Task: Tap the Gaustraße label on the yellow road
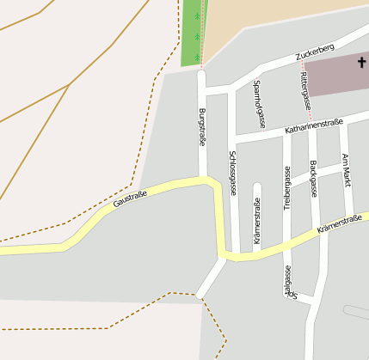pyautogui.click(x=130, y=200)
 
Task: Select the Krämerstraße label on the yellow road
pyautogui.click(x=339, y=225)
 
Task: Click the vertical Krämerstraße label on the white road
pyautogui.click(x=256, y=220)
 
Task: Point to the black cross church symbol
pyautogui.click(x=361, y=63)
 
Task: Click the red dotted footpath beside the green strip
pyautogui.click(x=201, y=34)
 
